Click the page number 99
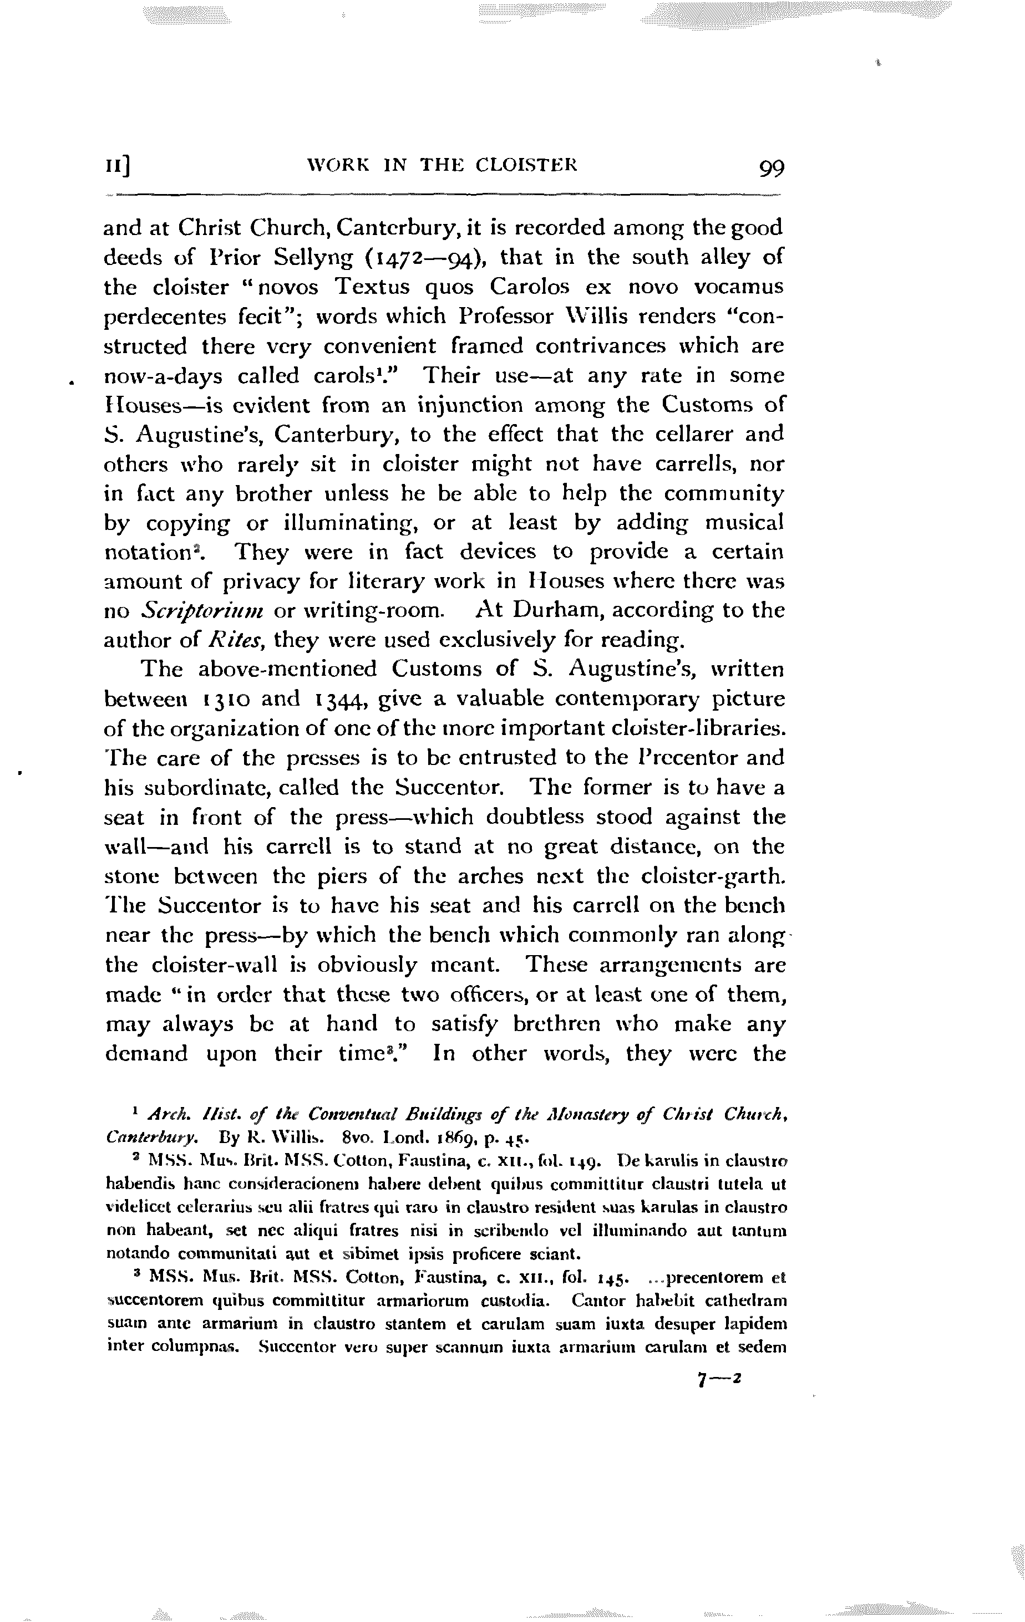(x=771, y=168)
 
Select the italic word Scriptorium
(x=202, y=611)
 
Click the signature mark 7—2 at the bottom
(x=719, y=1380)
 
